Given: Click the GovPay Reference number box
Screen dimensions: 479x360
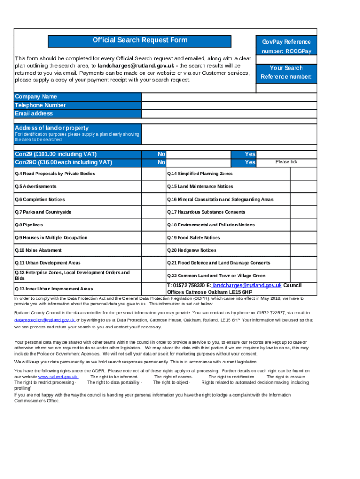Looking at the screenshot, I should [286, 59].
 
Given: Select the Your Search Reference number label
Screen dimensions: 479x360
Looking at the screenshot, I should [286, 72].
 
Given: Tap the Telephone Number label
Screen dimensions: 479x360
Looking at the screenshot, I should [40, 105].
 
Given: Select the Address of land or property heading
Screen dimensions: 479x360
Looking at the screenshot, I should [52, 128].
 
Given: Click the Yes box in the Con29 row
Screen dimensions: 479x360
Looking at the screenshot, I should [287, 154].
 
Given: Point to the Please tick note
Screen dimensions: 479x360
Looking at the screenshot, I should [286, 162].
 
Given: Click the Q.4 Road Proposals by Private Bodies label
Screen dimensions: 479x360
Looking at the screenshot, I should [55, 174].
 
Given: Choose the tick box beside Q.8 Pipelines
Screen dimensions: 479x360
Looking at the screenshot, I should [154, 225].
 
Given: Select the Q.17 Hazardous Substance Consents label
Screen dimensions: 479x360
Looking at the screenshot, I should [206, 212].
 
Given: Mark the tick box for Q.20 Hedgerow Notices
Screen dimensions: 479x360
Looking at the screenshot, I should [303, 250].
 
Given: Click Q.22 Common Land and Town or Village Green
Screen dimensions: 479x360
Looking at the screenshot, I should [216, 276].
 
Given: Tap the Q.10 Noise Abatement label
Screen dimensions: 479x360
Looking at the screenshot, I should [38, 250].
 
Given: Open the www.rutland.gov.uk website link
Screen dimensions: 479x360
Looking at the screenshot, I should [58, 377].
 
